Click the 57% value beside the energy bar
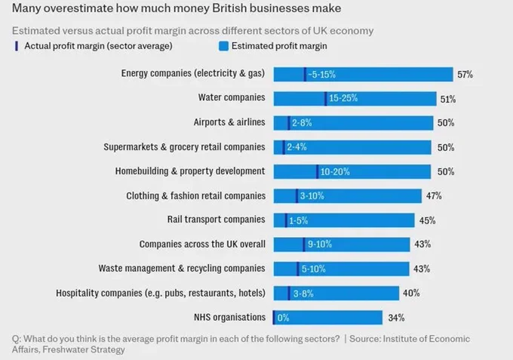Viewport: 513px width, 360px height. [x=465, y=75]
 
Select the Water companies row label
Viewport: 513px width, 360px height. [x=232, y=97]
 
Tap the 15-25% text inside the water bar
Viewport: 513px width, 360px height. [x=343, y=98]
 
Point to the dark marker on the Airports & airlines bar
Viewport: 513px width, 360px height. [x=288, y=123]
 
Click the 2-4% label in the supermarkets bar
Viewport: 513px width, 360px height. [x=296, y=147]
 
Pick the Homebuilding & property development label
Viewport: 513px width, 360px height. [x=190, y=171]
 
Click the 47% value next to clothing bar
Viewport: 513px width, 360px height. [x=434, y=196]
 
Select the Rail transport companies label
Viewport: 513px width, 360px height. [x=217, y=220]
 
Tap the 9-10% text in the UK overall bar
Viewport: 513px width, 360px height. [x=320, y=244]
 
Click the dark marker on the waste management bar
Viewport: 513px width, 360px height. [x=298, y=269]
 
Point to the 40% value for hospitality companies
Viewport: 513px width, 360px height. [x=411, y=293]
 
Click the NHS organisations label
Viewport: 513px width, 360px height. [x=229, y=317]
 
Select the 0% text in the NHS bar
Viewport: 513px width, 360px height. [x=284, y=318]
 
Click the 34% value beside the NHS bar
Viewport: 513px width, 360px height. [x=396, y=318]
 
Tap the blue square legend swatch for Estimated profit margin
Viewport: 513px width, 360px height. [x=223, y=46]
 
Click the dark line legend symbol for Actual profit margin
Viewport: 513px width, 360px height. [x=17, y=46]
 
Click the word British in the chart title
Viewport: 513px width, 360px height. [x=229, y=8]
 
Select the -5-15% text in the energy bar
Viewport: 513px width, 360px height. [x=321, y=75]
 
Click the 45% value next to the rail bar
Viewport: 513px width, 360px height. [x=427, y=220]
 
